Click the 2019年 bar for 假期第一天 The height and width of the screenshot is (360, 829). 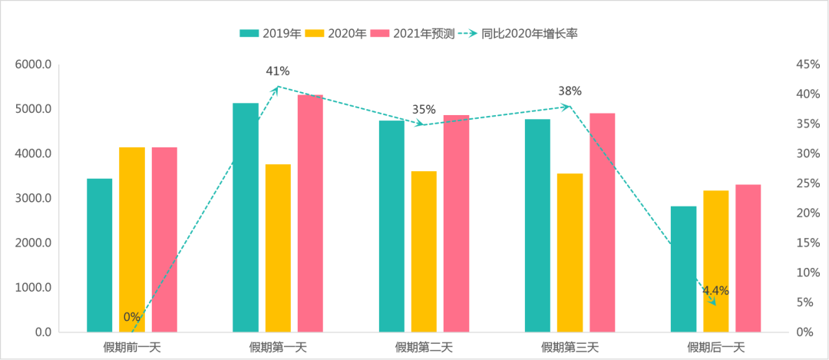pyautogui.click(x=246, y=217)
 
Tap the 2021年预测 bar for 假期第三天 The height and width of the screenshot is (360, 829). pyautogui.click(x=603, y=223)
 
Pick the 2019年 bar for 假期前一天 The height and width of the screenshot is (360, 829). pyautogui.click(x=100, y=256)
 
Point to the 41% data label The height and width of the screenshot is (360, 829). pyautogui.click(x=277, y=71)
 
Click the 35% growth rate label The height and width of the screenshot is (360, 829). pyautogui.click(x=424, y=110)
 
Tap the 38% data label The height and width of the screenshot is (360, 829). pyautogui.click(x=570, y=91)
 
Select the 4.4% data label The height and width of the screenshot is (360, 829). pyautogui.click(x=715, y=291)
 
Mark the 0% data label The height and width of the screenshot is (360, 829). pyautogui.click(x=131, y=317)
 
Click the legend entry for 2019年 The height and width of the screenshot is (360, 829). pyautogui.click(x=269, y=33)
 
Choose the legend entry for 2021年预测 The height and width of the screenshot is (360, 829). pyautogui.click(x=410, y=33)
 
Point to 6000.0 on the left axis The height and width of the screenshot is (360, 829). pyautogui.click(x=33, y=64)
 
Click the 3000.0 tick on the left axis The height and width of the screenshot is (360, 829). pyautogui.click(x=33, y=199)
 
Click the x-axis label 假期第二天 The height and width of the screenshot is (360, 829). pyautogui.click(x=424, y=347)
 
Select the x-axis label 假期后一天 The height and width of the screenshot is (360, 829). pyautogui.click(x=715, y=347)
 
